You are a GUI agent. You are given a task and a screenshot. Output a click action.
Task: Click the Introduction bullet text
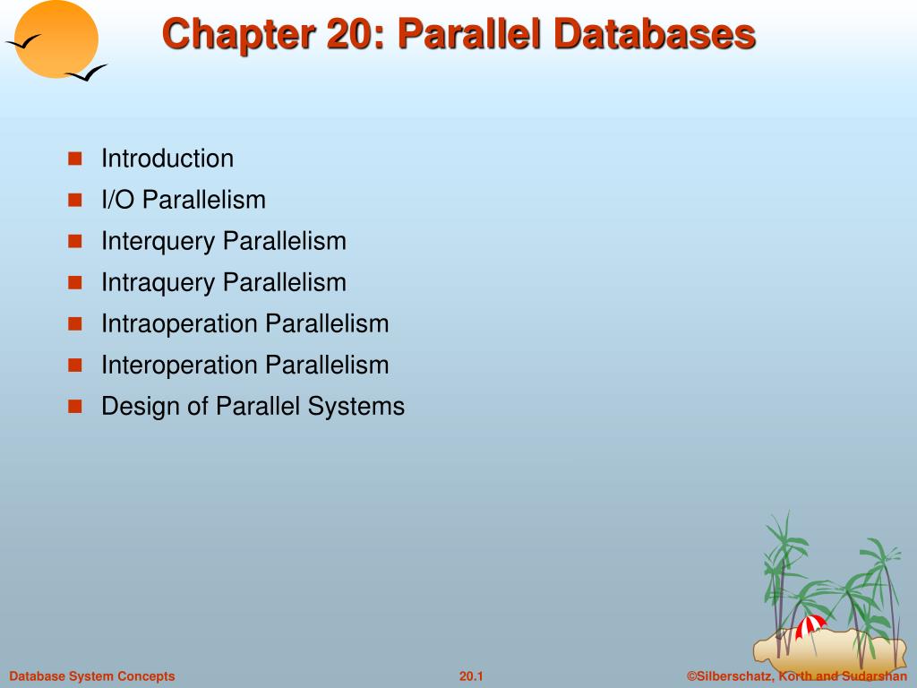pyautogui.click(x=167, y=159)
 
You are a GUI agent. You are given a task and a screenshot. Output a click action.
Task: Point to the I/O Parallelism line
pyautogui.click(x=184, y=200)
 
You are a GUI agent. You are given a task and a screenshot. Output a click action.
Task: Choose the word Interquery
pyautogui.click(x=159, y=241)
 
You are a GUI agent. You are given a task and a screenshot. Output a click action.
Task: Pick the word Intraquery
pyautogui.click(x=159, y=282)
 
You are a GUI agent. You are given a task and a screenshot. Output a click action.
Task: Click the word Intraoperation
pyautogui.click(x=180, y=323)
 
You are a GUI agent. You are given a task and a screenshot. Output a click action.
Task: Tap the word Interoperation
pyautogui.click(x=180, y=365)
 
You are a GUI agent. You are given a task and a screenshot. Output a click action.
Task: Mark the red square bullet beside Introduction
pyautogui.click(x=75, y=159)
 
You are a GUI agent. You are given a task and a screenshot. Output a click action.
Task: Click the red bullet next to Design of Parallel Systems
pyautogui.click(x=75, y=407)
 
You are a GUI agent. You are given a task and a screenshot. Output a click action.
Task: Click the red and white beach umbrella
pyautogui.click(x=810, y=625)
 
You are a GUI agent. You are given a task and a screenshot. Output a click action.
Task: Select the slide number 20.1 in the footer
pyautogui.click(x=471, y=676)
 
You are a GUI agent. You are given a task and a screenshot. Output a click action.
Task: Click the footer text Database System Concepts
pyautogui.click(x=92, y=676)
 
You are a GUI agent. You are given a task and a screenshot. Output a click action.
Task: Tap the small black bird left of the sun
pyautogui.click(x=21, y=41)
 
